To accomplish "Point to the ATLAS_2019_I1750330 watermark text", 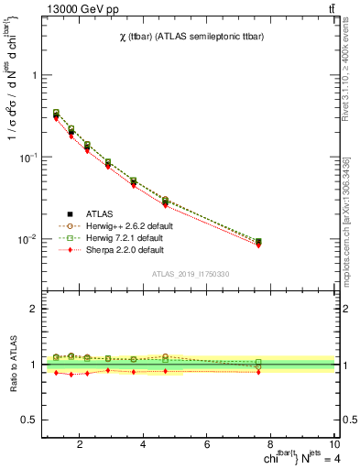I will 191,274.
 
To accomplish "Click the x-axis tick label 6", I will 208,446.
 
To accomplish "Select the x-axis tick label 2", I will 81,446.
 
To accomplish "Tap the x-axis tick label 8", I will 272,446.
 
